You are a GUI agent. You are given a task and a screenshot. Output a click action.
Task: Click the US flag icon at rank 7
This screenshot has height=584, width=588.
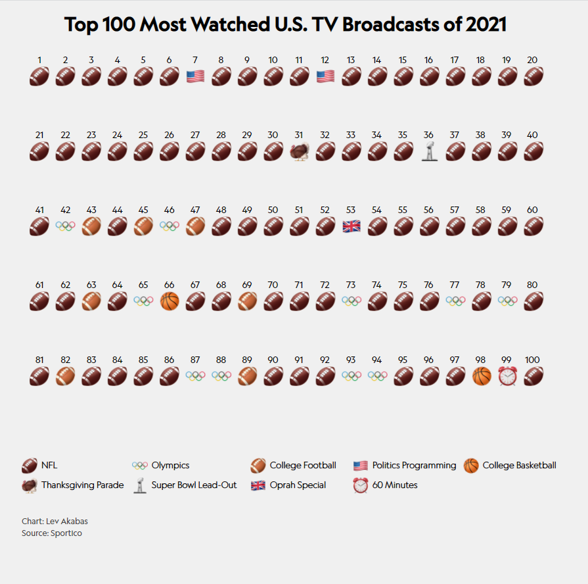click(195, 76)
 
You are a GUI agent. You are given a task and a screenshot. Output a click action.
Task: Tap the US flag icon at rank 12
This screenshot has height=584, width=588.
click(325, 76)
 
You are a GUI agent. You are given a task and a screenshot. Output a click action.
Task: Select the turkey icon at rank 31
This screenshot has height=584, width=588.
click(299, 151)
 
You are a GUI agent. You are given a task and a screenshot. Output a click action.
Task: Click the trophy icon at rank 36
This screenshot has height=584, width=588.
click(429, 151)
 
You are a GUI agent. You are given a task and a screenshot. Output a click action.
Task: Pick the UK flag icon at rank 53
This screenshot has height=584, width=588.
click(351, 226)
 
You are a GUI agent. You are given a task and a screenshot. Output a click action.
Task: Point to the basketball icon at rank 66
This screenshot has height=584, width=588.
click(170, 301)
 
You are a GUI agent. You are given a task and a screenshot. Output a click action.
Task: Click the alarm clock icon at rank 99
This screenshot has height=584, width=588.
click(507, 376)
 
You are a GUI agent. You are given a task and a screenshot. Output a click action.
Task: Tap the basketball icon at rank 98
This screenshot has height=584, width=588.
click(482, 376)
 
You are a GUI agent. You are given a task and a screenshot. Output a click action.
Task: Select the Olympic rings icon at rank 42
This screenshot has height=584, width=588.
click(66, 226)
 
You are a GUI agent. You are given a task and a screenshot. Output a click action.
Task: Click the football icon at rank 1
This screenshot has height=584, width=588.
click(39, 76)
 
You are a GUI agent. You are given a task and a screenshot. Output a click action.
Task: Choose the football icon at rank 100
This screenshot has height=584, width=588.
click(533, 376)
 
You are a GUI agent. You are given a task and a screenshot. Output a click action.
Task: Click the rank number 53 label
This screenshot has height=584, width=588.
click(351, 210)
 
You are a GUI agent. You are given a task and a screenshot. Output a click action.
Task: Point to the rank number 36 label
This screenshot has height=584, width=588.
click(428, 135)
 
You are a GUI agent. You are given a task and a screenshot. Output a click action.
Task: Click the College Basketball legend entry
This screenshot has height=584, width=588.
click(510, 466)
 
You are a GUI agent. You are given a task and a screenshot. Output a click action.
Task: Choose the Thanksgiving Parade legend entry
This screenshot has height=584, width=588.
click(72, 485)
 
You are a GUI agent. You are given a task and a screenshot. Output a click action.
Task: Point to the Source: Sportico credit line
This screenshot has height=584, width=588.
click(52, 533)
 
